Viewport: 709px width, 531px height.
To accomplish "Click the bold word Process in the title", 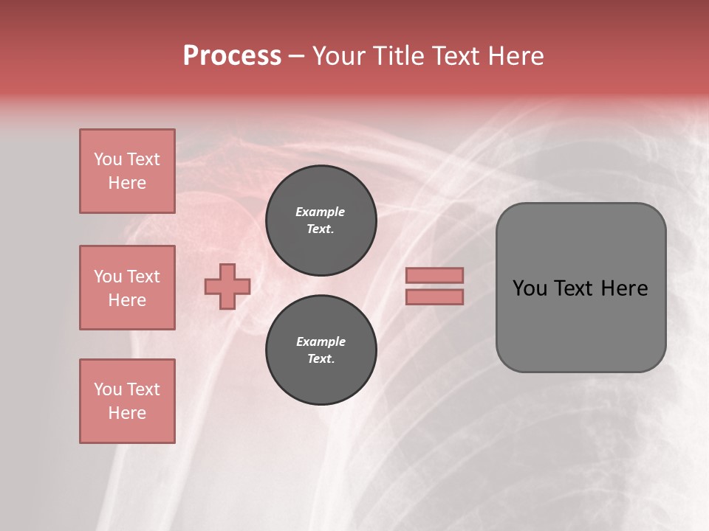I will coord(232,56).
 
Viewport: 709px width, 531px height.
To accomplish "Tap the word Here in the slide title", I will coord(515,56).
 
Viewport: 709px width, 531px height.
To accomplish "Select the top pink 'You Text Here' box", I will coord(127,171).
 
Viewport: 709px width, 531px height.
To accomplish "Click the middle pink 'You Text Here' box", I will coord(127,288).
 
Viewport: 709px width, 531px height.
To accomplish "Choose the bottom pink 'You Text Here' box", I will coord(127,400).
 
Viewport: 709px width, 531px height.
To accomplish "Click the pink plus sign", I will coord(227,286).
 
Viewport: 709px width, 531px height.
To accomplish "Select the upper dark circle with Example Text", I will coord(321,221).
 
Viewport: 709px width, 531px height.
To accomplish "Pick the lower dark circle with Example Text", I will coord(321,350).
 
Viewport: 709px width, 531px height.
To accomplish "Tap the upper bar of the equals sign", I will coord(434,275).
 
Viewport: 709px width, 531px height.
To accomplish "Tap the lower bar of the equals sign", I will coord(434,296).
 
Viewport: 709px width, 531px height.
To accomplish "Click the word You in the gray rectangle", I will coord(530,288).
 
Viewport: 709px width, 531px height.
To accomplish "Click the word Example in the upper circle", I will coord(321,212).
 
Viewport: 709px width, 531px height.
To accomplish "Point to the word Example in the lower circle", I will coord(321,341).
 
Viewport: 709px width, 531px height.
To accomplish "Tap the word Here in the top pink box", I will coord(127,183).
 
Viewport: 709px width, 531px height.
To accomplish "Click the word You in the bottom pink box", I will coord(108,389).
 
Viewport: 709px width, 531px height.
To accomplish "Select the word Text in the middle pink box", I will coord(143,277).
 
